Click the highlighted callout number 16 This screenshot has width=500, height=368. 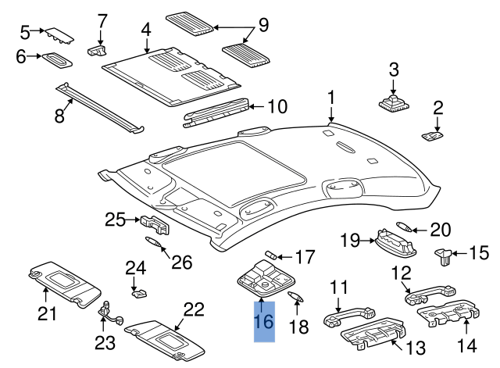point(263,323)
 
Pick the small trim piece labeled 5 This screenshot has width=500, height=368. point(59,35)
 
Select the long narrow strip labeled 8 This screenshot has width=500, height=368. point(102,105)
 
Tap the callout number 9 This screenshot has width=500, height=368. point(263,26)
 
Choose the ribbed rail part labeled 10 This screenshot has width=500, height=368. point(218,112)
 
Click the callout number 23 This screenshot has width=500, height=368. point(105,342)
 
